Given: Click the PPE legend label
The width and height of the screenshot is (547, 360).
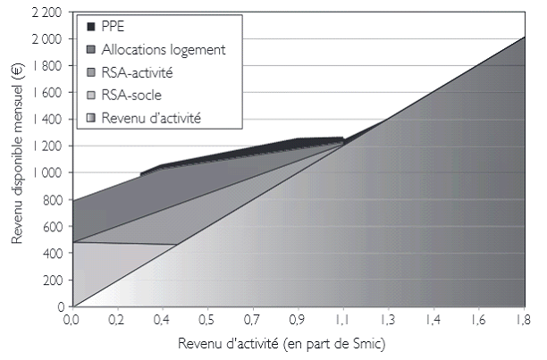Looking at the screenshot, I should tap(112, 26).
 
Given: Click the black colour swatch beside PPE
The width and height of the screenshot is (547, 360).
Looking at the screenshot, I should tap(88, 26).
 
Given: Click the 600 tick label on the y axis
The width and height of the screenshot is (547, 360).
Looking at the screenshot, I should tap(53, 226).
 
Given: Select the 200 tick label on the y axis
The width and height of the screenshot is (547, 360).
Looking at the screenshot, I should tap(53, 280).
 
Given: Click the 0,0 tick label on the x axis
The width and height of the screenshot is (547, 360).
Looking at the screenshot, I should tap(72, 317).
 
